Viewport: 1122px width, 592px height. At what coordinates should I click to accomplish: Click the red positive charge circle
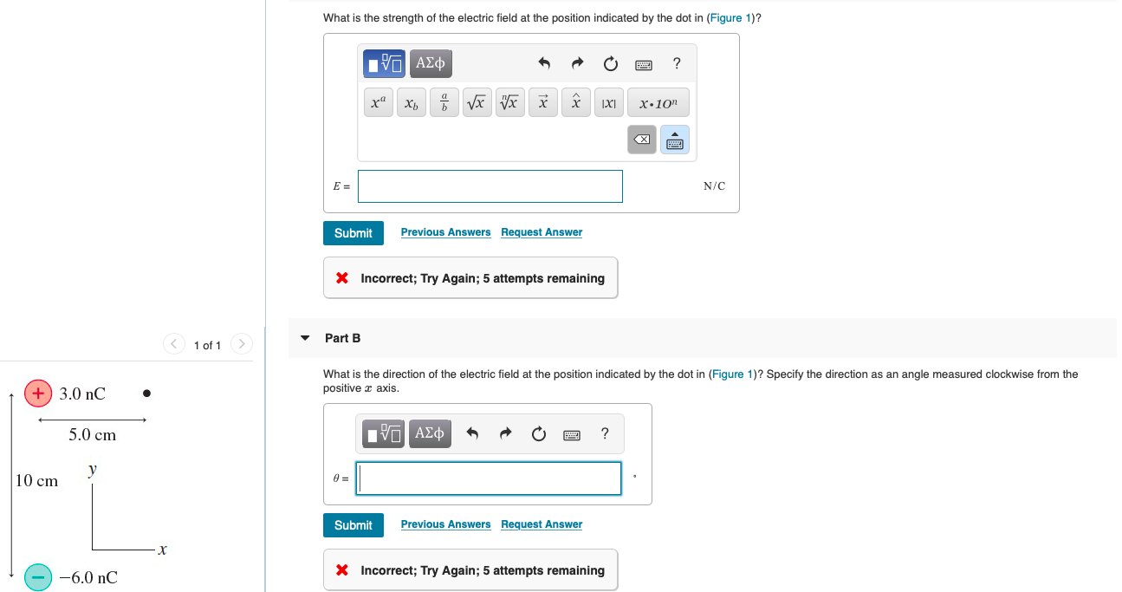click(38, 394)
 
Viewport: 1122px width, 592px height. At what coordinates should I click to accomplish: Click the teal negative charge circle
click(38, 577)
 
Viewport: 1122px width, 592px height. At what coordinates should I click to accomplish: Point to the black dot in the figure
click(146, 394)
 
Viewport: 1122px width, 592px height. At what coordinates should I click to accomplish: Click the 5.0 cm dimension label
click(92, 434)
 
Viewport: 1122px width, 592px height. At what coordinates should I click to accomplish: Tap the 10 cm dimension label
click(36, 481)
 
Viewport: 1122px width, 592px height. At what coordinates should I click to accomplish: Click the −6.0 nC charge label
click(88, 577)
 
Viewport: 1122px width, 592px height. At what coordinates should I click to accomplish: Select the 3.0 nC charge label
click(82, 394)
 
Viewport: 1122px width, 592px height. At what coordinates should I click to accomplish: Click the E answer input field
click(490, 186)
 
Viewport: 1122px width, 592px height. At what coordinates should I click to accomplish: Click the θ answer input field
click(489, 478)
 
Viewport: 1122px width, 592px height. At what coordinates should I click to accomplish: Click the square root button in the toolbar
click(477, 103)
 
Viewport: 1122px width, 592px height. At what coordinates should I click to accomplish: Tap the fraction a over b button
click(444, 103)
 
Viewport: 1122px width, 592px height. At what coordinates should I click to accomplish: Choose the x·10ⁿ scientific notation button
click(658, 103)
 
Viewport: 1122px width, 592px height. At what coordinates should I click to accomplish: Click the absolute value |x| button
click(608, 103)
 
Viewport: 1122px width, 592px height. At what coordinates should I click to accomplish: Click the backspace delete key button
click(642, 140)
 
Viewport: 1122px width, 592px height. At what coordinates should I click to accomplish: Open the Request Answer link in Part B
click(542, 524)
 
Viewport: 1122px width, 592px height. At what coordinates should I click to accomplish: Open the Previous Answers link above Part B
click(445, 232)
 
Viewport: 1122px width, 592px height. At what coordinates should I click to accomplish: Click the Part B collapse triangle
click(305, 338)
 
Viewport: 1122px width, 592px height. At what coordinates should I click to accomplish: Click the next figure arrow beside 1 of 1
click(242, 344)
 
